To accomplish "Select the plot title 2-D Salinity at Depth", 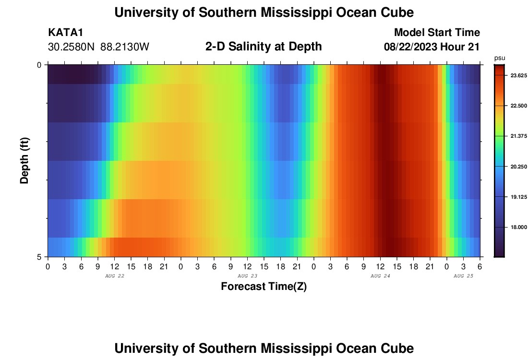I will (x=264, y=47).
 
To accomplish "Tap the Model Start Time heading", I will (x=437, y=33).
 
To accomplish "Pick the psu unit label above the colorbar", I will (x=500, y=58).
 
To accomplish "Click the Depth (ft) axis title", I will (x=25, y=160).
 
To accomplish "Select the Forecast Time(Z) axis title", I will (x=264, y=287).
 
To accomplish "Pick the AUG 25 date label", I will (x=463, y=276).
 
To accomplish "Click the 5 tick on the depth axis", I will (x=39, y=257).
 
